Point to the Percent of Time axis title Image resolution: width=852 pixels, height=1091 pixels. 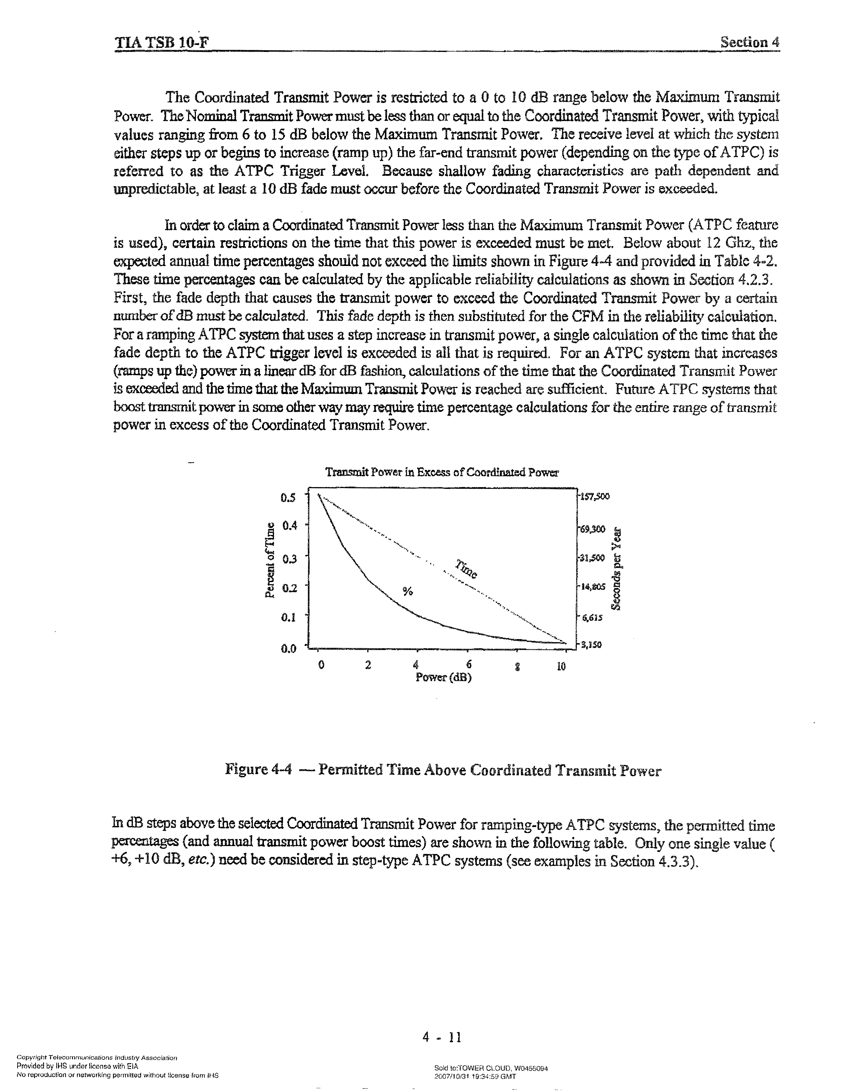270,560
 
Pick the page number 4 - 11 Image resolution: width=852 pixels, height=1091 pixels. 442,1038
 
